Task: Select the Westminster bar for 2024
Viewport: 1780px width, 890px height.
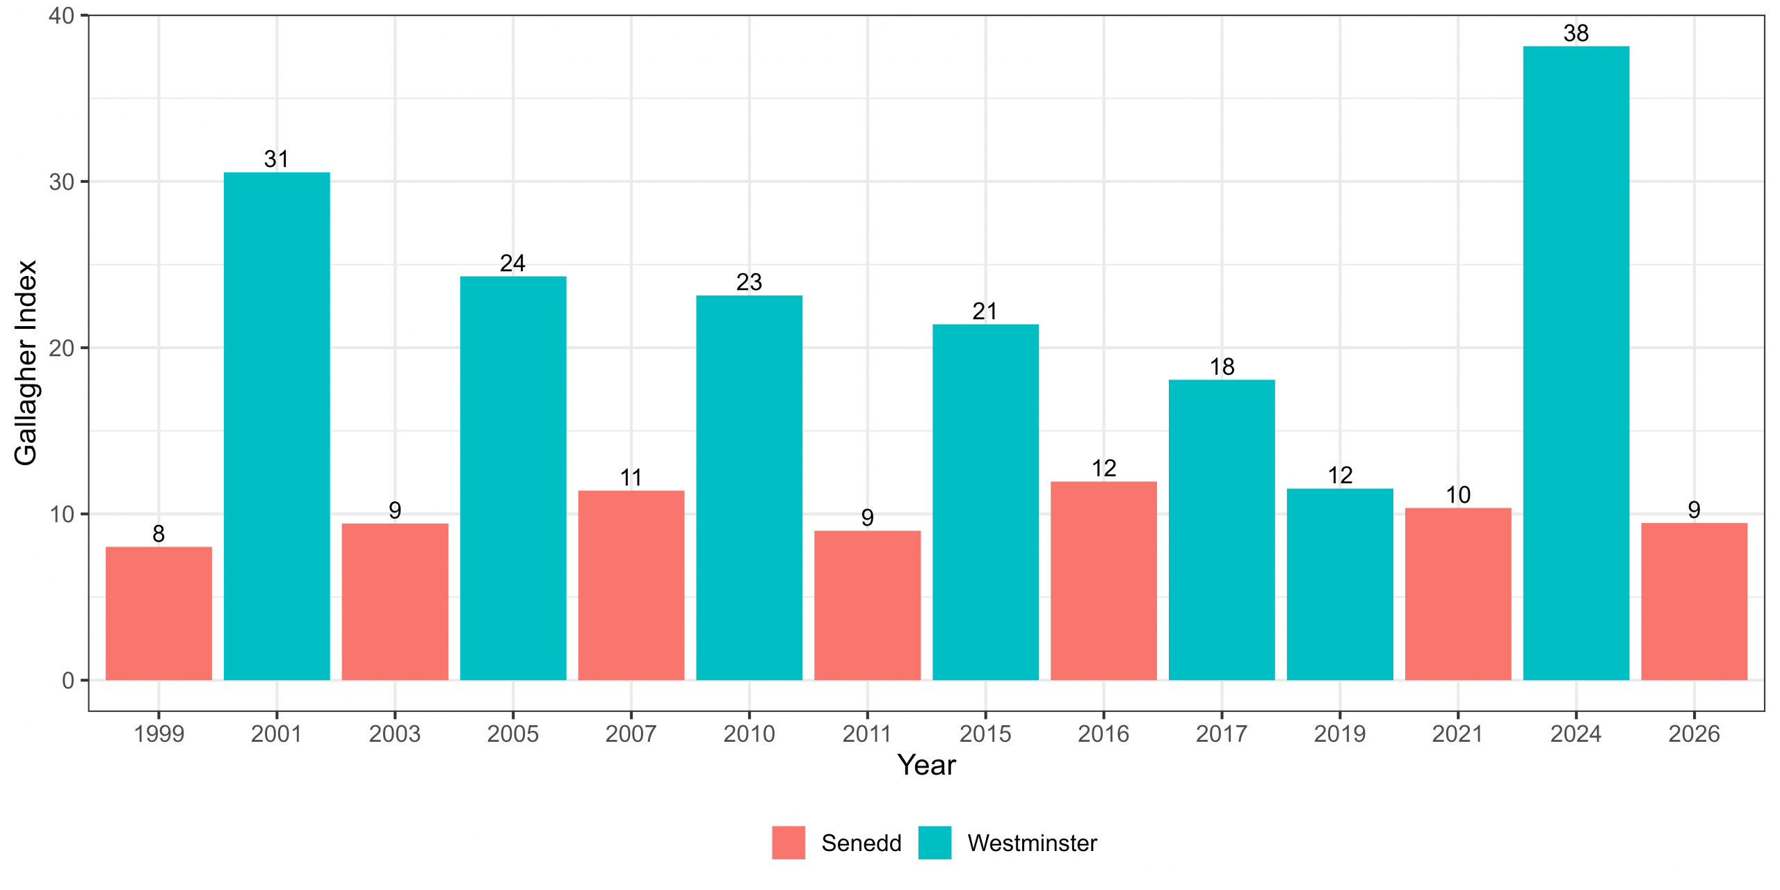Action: pos(1576,363)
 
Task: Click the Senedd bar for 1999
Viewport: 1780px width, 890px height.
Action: pos(159,613)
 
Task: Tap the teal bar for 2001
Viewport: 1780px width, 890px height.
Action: pos(277,426)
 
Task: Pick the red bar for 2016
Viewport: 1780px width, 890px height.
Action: pos(1103,581)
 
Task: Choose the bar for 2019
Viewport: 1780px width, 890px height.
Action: pos(1340,584)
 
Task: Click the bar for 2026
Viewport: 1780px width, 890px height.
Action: pos(1694,601)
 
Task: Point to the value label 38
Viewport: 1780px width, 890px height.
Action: pos(1576,33)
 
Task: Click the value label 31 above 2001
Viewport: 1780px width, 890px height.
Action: pos(277,159)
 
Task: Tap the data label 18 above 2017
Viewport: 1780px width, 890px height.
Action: pos(1222,366)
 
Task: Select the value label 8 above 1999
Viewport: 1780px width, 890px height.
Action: pos(159,533)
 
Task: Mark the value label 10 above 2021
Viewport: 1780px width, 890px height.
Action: pos(1458,494)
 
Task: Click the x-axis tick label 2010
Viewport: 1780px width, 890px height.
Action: pos(749,734)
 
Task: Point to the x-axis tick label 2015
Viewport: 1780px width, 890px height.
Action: pos(985,734)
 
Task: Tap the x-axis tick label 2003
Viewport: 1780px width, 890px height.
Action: pos(395,734)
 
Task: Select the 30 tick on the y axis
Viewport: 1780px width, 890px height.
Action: pos(61,181)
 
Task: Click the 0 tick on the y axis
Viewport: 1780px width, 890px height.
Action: pos(68,680)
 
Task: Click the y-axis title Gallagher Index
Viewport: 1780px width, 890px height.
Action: pos(26,363)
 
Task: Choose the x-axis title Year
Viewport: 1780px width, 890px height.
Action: pos(926,765)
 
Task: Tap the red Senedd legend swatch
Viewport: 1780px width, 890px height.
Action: pos(788,843)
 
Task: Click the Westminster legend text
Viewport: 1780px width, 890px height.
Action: pos(1032,843)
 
